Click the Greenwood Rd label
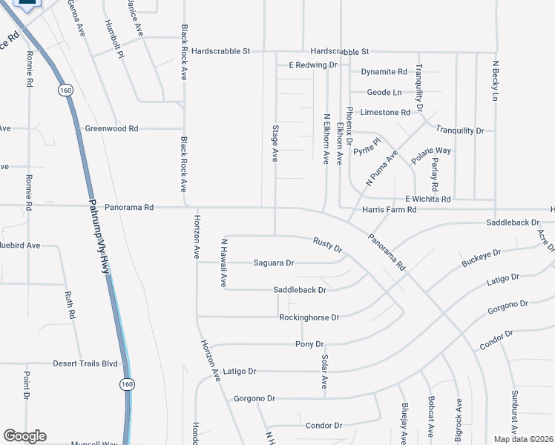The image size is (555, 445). pyautogui.click(x=111, y=128)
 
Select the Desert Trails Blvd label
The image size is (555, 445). pyautogui.click(x=85, y=363)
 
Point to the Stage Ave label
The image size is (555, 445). pyautogui.click(x=275, y=144)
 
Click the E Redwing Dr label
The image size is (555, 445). pyautogui.click(x=313, y=65)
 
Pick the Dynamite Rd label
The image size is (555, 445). pyautogui.click(x=384, y=72)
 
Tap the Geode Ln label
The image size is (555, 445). pyautogui.click(x=384, y=93)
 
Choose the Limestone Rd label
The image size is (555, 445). pyautogui.click(x=384, y=112)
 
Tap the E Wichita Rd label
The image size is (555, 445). pyautogui.click(x=427, y=199)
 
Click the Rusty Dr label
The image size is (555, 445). pyautogui.click(x=326, y=244)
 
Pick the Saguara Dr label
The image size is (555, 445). pyautogui.click(x=274, y=263)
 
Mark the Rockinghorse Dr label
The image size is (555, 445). pyautogui.click(x=309, y=317)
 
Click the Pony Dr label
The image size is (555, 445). pyautogui.click(x=309, y=344)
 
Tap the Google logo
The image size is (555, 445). pyautogui.click(x=24, y=436)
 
